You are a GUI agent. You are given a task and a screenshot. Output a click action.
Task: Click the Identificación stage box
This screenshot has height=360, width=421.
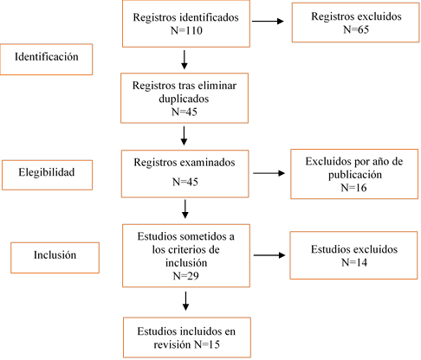coord(46,60)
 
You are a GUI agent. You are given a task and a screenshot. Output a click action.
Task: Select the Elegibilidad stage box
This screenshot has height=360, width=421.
coord(47,175)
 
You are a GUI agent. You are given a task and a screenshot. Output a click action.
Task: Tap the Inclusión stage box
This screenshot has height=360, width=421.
coord(55,258)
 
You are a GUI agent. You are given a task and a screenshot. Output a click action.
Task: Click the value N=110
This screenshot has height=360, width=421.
coord(186,30)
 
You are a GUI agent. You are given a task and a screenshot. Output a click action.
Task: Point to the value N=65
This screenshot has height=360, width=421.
coord(356,29)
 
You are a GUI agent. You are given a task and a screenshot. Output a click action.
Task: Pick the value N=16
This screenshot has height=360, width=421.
coord(353,188)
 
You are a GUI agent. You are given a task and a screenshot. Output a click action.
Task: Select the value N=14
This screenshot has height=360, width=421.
coord(354,262)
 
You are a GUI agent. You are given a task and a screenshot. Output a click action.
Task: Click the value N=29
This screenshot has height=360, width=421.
coord(185,276)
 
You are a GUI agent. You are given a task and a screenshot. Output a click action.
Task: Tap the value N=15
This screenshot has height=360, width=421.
coord(207,344)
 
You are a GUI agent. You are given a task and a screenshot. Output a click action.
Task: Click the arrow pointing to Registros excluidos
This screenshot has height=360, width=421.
coord(268,21)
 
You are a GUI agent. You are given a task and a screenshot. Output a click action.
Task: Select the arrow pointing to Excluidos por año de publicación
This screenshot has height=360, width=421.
coord(269,173)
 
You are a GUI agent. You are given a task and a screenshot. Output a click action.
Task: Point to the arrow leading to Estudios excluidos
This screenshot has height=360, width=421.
coord(269,255)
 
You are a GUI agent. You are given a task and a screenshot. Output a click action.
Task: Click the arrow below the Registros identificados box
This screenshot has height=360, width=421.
coord(185,60)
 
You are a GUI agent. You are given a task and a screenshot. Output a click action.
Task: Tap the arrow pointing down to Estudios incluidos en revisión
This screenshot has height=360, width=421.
coord(186,301)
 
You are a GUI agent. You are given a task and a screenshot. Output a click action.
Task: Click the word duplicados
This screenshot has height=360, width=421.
coord(184,99)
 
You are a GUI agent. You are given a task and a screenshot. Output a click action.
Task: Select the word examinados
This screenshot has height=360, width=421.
coord(208,163)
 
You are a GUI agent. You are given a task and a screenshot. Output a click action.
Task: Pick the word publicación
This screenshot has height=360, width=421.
coord(355,175)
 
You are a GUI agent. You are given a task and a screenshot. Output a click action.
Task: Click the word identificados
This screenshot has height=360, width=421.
coord(210,17)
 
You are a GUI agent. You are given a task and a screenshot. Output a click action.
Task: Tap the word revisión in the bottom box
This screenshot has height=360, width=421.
coord(172,344)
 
